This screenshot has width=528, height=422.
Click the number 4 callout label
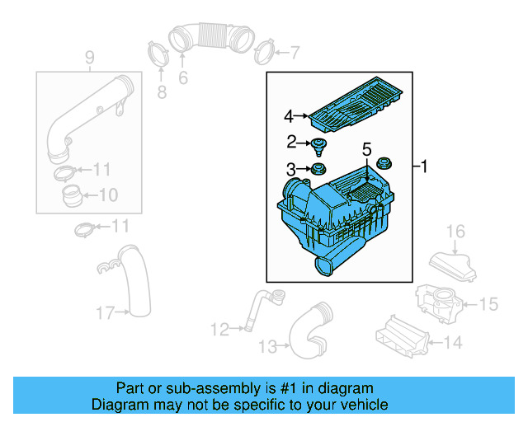tap(289, 116)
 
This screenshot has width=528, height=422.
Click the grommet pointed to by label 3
tap(315, 171)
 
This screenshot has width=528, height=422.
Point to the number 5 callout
tap(366, 150)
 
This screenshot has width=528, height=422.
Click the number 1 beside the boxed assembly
tap(424, 168)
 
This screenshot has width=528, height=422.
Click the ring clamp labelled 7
tap(264, 52)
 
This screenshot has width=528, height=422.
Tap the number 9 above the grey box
tap(89, 57)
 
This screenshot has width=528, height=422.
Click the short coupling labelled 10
tap(73, 196)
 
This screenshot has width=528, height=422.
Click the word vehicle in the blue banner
tap(362, 405)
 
